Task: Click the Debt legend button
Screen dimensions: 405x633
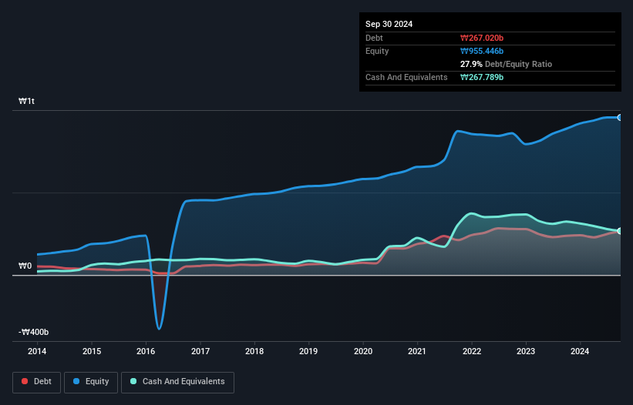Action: tap(35, 381)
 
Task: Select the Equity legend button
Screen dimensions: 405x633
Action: tap(91, 381)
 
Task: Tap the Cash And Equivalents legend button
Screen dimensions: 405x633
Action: tap(177, 381)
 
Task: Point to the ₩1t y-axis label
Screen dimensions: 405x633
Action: tap(26, 102)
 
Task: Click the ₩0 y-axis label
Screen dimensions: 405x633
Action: tap(25, 266)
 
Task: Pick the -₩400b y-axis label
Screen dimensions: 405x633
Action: tap(34, 332)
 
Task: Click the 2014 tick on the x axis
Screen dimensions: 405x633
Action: tap(37, 352)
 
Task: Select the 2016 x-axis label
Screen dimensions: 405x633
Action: tap(146, 352)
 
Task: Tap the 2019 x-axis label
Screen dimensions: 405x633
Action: tap(308, 352)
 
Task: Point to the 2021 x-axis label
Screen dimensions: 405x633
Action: tap(417, 352)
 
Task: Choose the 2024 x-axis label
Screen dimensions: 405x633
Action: tap(580, 352)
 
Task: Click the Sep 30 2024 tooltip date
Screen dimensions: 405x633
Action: tap(389, 24)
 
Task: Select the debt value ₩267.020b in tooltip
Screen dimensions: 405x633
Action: tap(482, 38)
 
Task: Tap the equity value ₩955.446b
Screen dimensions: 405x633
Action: tap(482, 51)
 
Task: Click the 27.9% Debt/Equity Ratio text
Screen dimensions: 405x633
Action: tap(506, 64)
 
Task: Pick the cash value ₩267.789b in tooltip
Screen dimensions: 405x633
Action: tap(482, 77)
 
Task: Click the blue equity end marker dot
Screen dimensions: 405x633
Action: tap(620, 117)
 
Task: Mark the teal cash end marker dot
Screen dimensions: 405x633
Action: tap(620, 231)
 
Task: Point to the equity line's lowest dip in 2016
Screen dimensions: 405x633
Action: tap(160, 329)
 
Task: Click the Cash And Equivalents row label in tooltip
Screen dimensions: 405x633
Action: tap(406, 77)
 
